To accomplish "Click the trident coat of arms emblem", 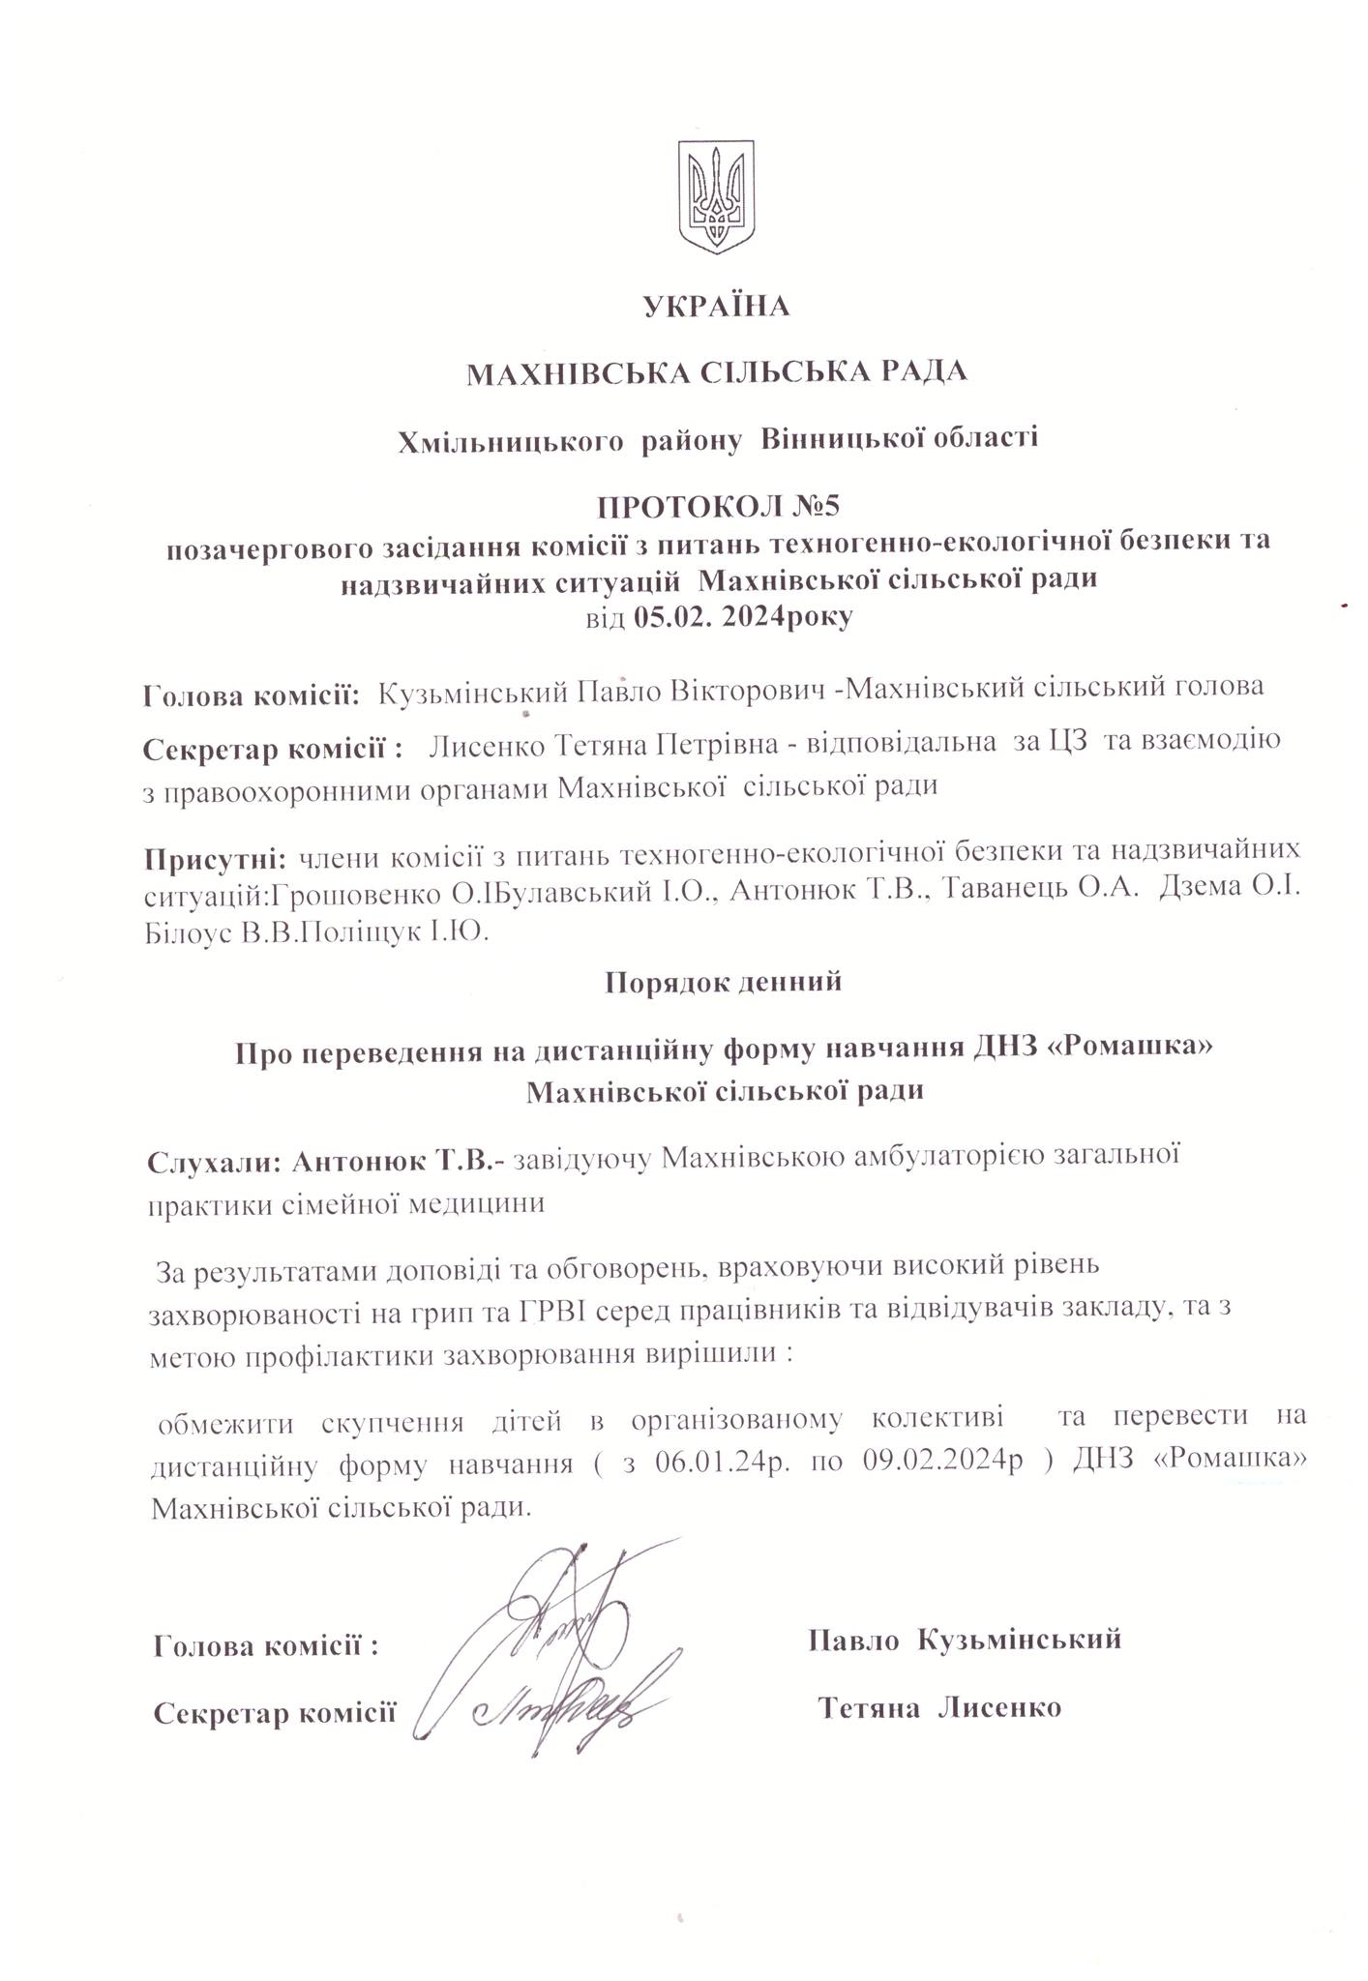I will coord(716,197).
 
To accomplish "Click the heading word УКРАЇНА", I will coord(716,307).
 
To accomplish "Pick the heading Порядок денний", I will coord(723,983).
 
